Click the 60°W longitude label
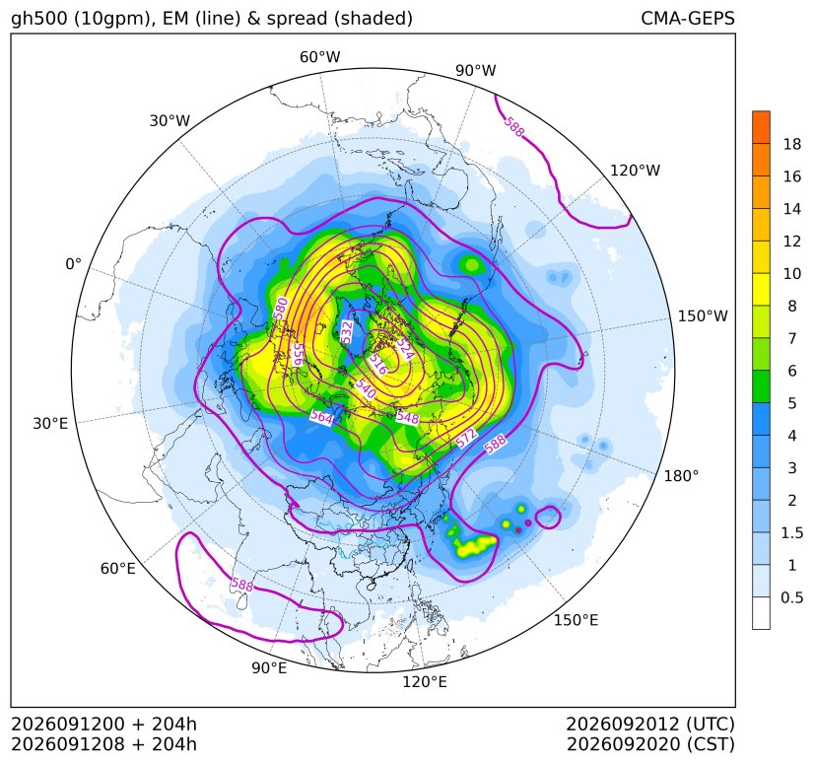click(319, 57)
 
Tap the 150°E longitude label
click(576, 620)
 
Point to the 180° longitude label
click(681, 476)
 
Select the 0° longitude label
click(73, 264)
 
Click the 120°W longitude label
click(635, 171)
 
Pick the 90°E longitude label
click(269, 667)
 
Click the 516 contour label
click(378, 365)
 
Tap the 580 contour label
click(281, 308)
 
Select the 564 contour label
click(321, 417)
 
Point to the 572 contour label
click(466, 438)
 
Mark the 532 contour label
click(347, 332)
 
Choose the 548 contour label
click(407, 417)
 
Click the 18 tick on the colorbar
click(791, 144)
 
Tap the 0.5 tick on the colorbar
click(791, 597)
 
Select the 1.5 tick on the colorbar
click(791, 532)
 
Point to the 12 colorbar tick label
click(791, 242)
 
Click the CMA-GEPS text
click(688, 18)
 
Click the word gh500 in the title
click(40, 19)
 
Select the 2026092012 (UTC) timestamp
click(650, 724)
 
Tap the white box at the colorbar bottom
click(761, 613)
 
